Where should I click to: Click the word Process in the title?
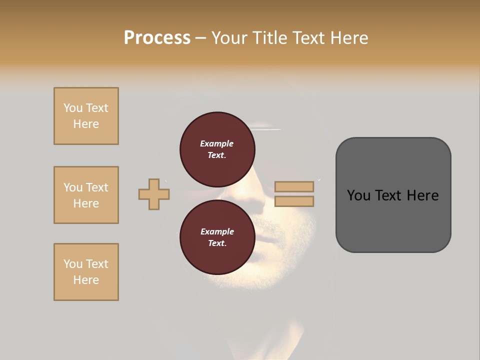[x=157, y=38]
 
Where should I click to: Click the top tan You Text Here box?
[x=86, y=116]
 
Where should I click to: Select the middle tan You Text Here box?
[x=86, y=195]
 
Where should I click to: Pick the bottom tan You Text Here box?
[x=86, y=272]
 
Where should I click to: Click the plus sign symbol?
[x=154, y=194]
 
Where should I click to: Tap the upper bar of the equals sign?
[x=294, y=186]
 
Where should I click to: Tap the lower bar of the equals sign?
[x=294, y=201]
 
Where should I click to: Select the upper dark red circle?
[x=217, y=149]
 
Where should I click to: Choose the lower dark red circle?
[x=217, y=237]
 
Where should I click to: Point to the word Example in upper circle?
[x=217, y=143]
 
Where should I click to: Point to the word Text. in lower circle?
[x=217, y=243]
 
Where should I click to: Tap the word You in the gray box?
[x=359, y=195]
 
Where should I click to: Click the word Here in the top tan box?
[x=86, y=124]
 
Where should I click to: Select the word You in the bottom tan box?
[x=73, y=264]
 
